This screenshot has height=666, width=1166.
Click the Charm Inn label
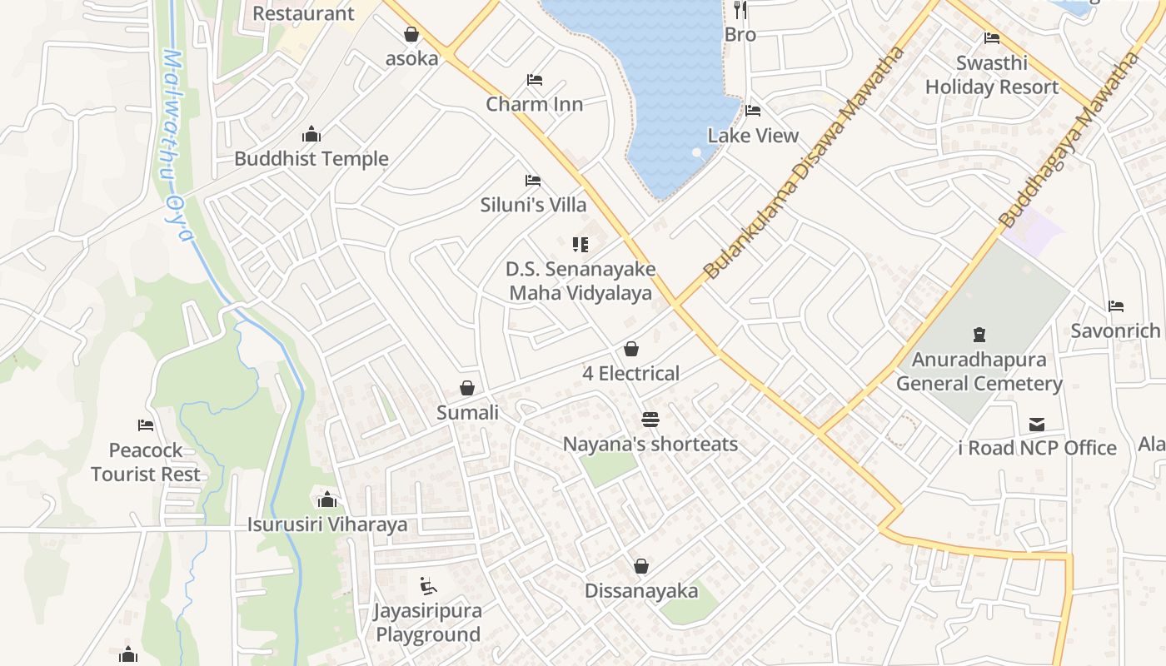[534, 104]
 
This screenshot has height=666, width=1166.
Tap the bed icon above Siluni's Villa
[533, 181]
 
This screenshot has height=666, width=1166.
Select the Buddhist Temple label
[311, 159]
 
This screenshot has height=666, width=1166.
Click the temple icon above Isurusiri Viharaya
[327, 499]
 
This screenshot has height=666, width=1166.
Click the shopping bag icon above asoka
[411, 34]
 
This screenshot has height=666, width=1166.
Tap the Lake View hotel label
[753, 136]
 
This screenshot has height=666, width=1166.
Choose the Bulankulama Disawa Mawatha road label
[804, 162]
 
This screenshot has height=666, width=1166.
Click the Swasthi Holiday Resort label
[991, 75]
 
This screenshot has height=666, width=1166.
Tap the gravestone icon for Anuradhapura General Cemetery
[979, 335]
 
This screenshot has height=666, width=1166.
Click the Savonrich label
[1115, 331]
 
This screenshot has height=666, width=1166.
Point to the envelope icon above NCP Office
[1036, 425]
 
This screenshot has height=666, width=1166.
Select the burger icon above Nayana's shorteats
[650, 420]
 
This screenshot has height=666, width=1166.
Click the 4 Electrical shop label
[630, 374]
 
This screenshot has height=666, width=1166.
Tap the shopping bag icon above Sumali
[467, 389]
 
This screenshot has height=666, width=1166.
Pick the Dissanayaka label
[640, 591]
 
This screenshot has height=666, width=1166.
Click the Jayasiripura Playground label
[428, 623]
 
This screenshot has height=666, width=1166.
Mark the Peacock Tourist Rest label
[146, 462]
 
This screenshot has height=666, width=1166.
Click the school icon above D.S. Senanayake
[581, 245]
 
